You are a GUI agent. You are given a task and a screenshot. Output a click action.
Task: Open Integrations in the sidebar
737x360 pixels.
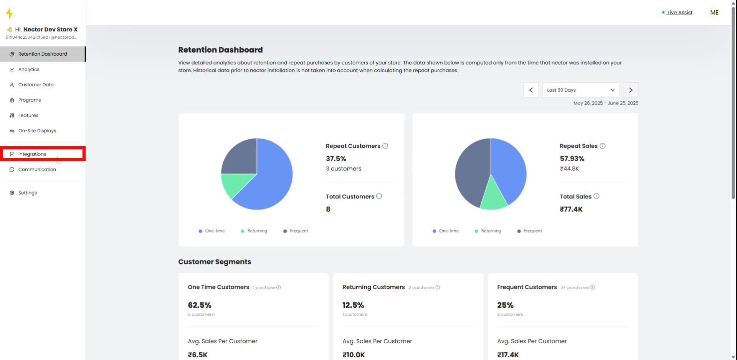click(32, 154)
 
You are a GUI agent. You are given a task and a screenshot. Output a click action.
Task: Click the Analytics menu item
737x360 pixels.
click(29, 69)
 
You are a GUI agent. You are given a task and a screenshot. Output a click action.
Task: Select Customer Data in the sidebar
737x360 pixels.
click(36, 85)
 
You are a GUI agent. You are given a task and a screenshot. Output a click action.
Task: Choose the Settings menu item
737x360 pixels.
click(28, 193)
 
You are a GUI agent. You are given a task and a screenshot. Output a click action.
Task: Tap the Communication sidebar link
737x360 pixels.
click(37, 169)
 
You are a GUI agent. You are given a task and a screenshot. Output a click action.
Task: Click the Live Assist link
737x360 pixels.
click(679, 13)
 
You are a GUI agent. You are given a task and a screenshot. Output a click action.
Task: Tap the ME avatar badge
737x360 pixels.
click(714, 13)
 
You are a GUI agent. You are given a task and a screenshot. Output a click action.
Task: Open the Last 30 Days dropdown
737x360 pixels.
click(580, 90)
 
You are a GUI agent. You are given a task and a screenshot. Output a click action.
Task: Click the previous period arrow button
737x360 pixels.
click(531, 90)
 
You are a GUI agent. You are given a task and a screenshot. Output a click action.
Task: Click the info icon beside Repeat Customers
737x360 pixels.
click(385, 146)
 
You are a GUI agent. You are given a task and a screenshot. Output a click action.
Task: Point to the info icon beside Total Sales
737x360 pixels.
click(597, 196)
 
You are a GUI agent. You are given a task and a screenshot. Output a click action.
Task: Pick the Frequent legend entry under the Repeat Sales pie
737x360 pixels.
click(532, 231)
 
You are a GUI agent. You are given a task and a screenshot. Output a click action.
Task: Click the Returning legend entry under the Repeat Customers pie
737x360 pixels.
click(257, 231)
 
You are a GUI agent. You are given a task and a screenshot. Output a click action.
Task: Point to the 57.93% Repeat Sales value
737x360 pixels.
click(572, 159)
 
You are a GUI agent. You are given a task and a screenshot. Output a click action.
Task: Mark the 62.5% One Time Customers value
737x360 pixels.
click(200, 305)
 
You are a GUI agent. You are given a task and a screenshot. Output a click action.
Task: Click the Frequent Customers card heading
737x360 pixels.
click(527, 287)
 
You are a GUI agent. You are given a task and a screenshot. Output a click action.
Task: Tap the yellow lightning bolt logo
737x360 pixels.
click(10, 13)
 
